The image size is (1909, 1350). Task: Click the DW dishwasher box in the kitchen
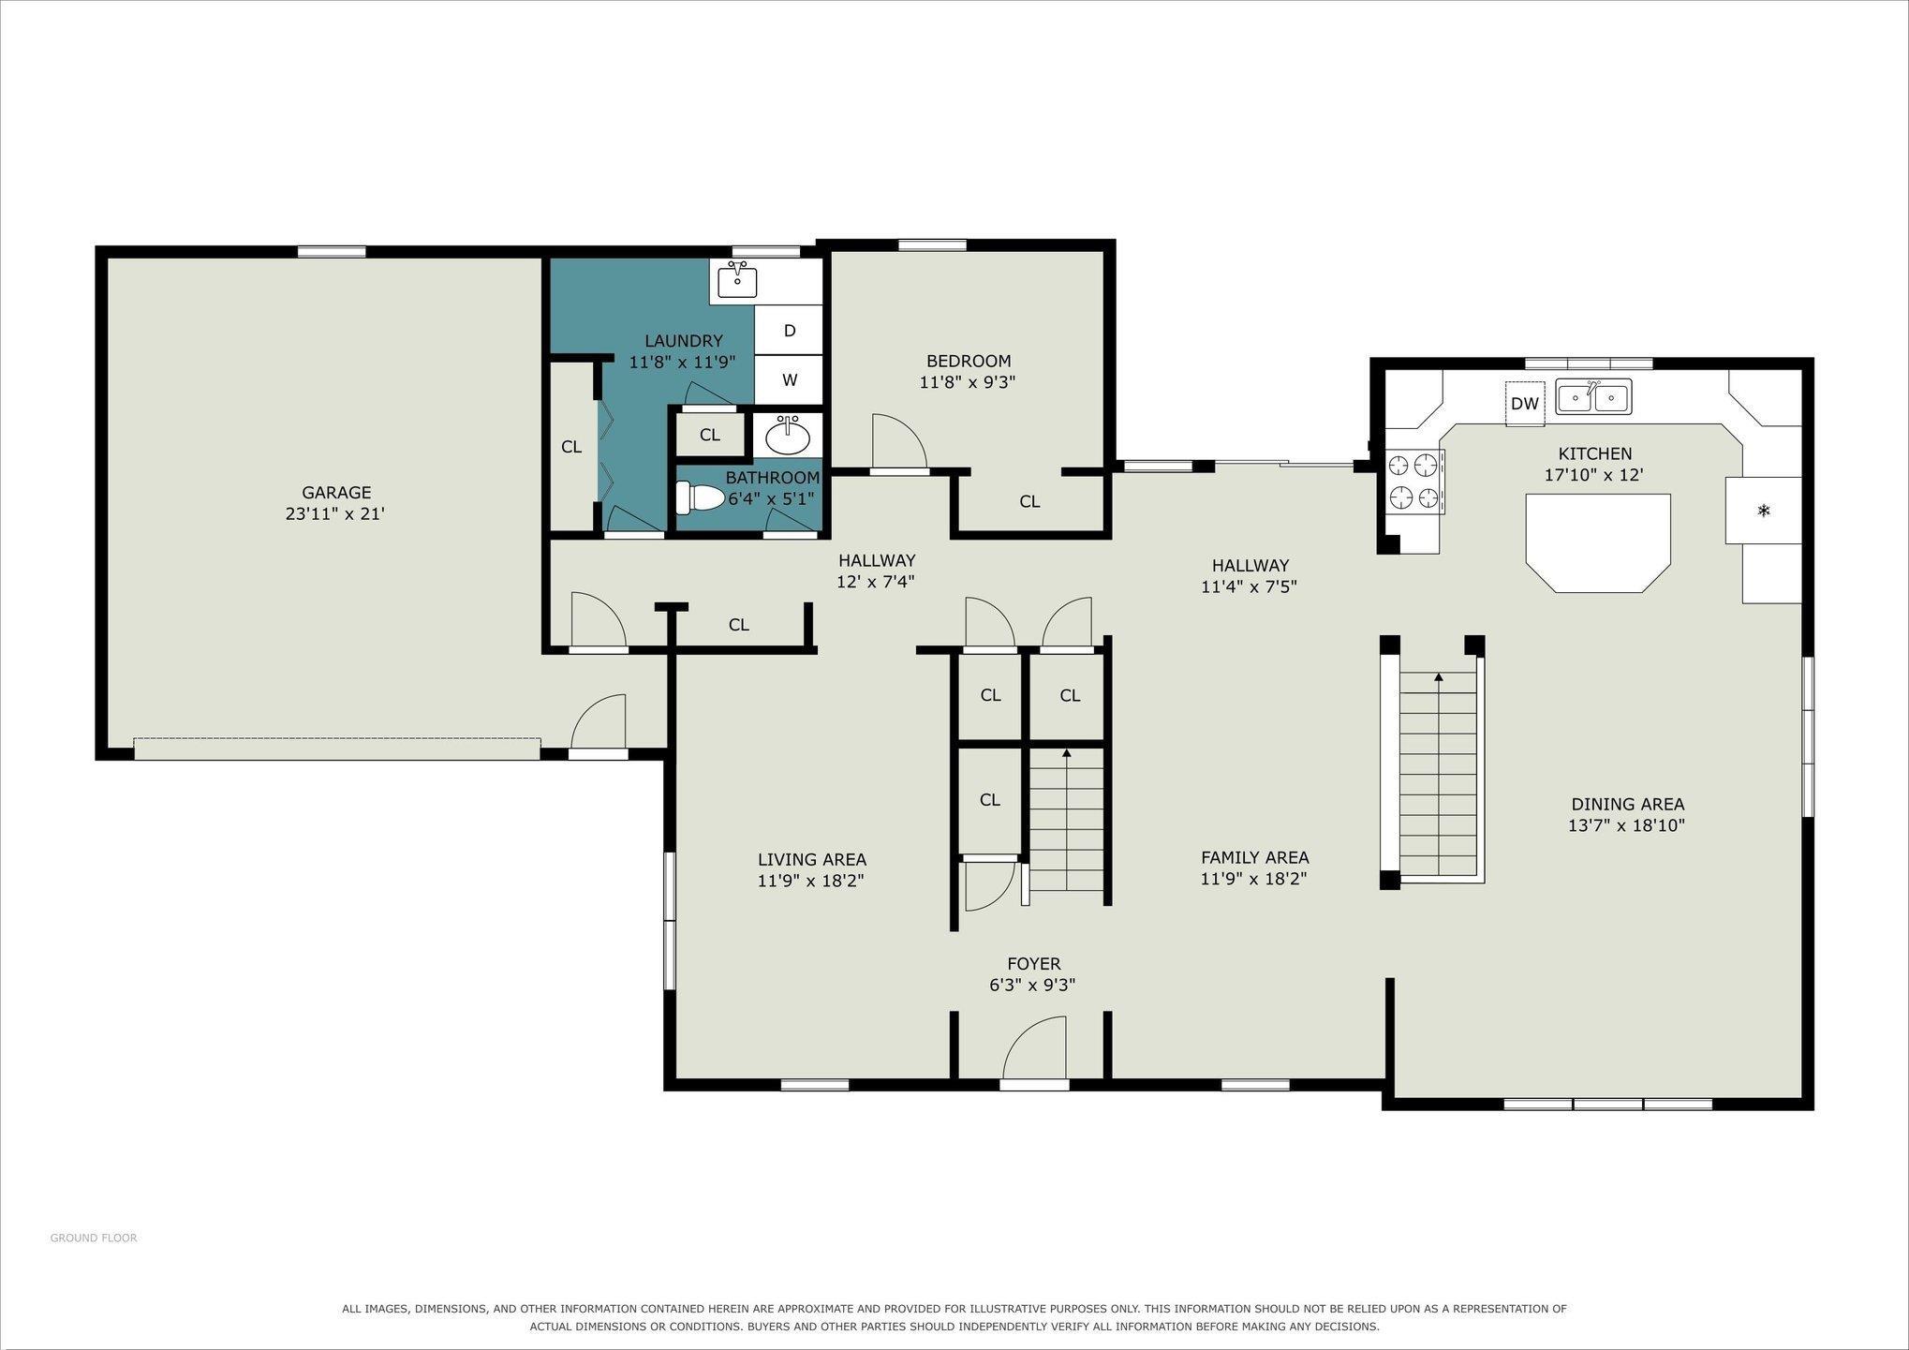(1525, 404)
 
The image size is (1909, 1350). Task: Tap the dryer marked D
(789, 330)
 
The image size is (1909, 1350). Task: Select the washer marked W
(789, 380)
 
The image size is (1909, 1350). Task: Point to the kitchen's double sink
(1593, 396)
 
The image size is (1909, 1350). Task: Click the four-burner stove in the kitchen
(1413, 482)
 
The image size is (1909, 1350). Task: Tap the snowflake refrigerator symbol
(1764, 511)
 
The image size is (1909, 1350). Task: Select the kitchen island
(1598, 542)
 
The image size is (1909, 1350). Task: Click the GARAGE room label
(336, 492)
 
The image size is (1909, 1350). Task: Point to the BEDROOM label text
(969, 361)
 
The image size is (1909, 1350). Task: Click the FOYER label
(1034, 964)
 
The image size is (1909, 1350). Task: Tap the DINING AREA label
(1628, 804)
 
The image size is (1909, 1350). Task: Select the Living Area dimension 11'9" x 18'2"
(811, 881)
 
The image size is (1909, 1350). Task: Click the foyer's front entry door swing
(1034, 1049)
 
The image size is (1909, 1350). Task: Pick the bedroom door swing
(899, 441)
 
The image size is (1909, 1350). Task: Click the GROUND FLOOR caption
(94, 1238)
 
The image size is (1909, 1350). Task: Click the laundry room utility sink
(737, 280)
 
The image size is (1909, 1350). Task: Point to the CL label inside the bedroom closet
(1029, 502)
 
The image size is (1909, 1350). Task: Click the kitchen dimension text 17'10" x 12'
(1594, 475)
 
